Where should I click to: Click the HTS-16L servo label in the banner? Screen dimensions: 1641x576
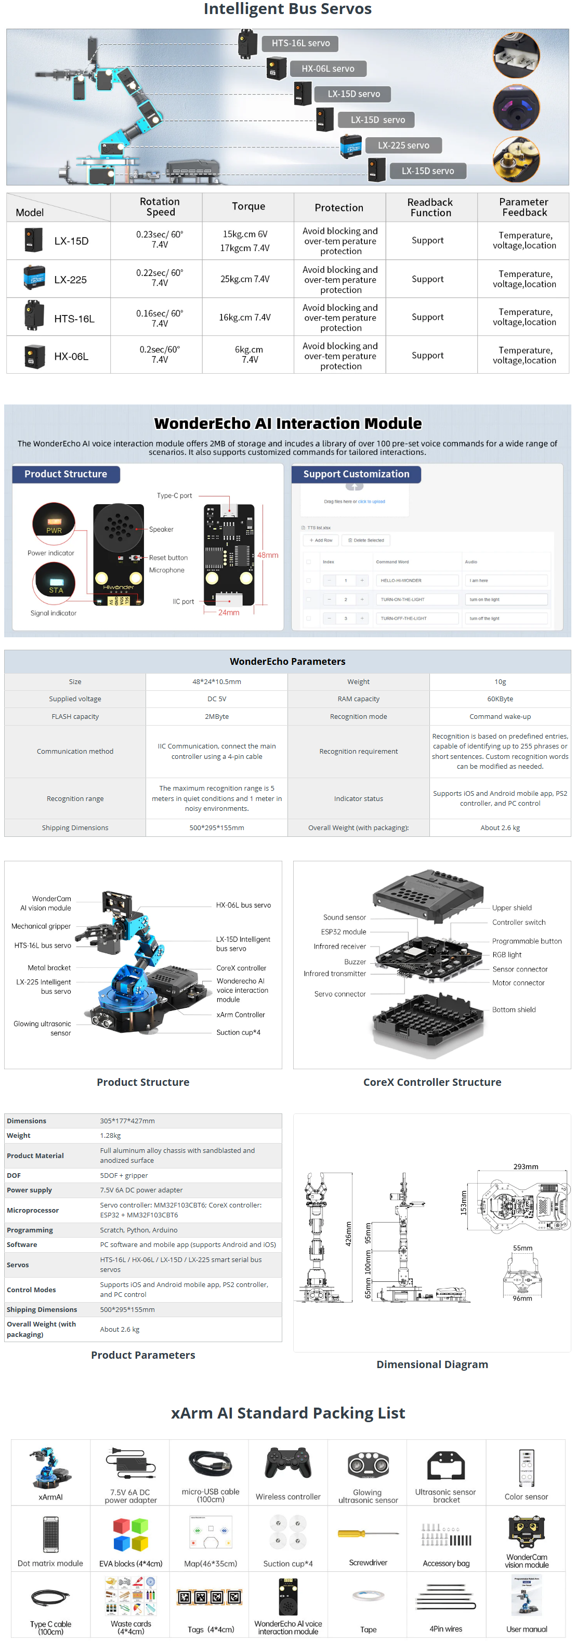point(300,43)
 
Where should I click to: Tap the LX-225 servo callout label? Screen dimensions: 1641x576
point(403,145)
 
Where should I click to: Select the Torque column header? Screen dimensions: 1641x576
point(248,206)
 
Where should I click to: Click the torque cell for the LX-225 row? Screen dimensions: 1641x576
point(245,279)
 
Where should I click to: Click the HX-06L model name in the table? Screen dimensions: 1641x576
point(71,357)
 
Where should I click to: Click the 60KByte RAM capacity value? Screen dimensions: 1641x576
point(500,699)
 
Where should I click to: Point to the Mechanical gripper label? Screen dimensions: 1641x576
point(41,926)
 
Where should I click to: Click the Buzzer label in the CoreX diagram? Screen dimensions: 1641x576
point(355,962)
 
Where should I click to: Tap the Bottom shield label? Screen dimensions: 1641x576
point(514,1009)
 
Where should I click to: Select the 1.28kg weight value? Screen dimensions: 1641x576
point(110,1135)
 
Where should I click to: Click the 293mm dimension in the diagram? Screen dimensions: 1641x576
point(526,1166)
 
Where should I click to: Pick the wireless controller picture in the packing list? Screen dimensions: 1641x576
point(288,1463)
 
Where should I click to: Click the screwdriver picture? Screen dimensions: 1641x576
point(368,1533)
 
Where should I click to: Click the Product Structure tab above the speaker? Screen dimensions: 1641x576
point(66,474)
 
